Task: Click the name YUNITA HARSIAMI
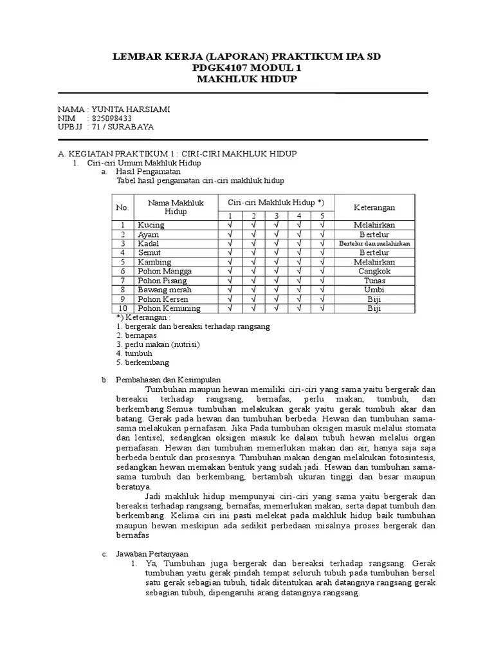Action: click(131, 109)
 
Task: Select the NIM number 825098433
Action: click(113, 118)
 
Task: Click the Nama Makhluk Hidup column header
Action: click(176, 207)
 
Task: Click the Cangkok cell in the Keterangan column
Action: click(374, 272)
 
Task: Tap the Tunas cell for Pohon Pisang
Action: click(374, 281)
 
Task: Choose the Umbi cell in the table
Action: click(374, 290)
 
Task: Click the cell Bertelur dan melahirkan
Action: click(374, 244)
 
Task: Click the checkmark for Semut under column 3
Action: click(275, 253)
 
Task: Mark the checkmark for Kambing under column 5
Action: click(322, 263)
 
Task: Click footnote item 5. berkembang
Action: click(143, 362)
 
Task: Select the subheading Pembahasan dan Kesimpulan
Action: click(168, 380)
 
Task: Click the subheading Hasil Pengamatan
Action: click(148, 172)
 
